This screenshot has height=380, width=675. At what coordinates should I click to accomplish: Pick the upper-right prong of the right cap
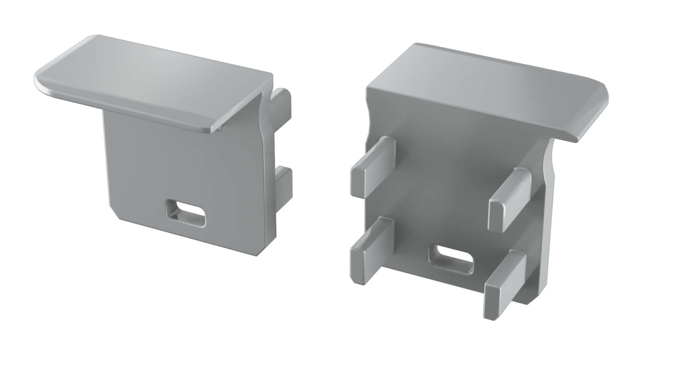pos(510,200)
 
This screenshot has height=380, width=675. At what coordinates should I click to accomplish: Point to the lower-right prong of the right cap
pos(505,280)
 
